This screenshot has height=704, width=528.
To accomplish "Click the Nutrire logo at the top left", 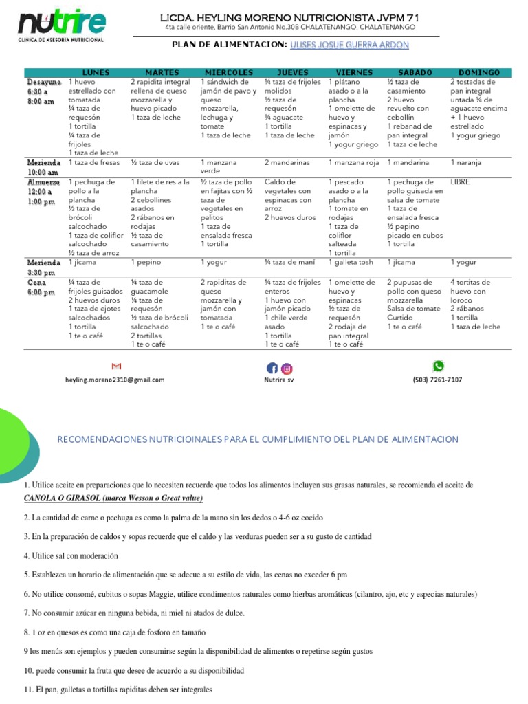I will pos(63,26).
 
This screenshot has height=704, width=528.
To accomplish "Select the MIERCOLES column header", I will pos(229,72).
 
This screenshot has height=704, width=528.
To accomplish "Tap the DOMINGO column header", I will pos(479,72).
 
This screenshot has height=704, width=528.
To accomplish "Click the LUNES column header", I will pos(96,72).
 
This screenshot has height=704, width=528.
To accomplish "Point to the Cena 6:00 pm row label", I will pos(41,287).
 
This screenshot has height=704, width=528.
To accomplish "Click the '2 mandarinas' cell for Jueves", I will pos(287,163).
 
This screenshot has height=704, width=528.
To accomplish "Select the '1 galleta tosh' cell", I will pos(352,262).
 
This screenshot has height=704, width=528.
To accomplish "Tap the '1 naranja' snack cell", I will pos(466,163).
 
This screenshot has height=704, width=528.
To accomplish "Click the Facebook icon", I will pos(272,368).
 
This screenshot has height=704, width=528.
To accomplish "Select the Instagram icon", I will pos(287,368).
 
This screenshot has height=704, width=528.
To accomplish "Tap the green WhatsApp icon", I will pos(438,366).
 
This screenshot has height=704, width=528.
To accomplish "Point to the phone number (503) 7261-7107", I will pos(437,379).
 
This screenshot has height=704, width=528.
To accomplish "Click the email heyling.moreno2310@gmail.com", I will pos(115,379).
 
